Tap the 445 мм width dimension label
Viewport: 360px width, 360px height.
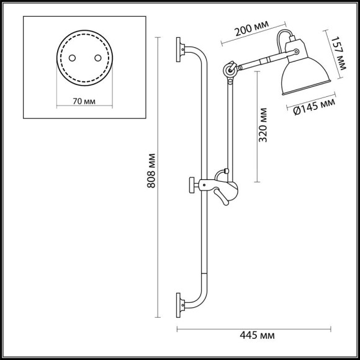[257, 336]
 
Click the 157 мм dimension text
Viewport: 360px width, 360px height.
[338, 49]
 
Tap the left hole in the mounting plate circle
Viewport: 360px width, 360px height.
[72, 57]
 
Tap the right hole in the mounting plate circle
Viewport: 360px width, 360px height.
[97, 57]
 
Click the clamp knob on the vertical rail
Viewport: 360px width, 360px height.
[194, 184]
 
